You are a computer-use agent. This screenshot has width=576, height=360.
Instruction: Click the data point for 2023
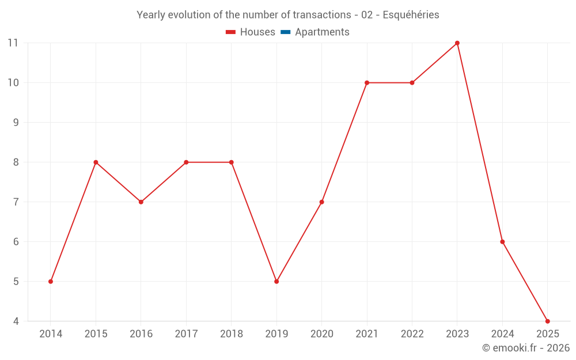pyautogui.click(x=457, y=43)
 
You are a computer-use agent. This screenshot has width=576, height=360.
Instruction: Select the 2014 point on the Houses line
pyautogui.click(x=51, y=282)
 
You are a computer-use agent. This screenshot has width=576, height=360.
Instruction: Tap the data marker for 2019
pyautogui.click(x=276, y=282)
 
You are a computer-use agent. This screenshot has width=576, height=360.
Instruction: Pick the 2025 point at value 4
pyautogui.click(x=548, y=321)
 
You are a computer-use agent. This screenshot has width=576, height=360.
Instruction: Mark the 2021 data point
pyautogui.click(x=367, y=83)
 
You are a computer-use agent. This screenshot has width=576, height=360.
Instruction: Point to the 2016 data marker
pyautogui.click(x=141, y=202)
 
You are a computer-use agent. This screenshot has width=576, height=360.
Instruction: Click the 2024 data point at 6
pyautogui.click(x=502, y=242)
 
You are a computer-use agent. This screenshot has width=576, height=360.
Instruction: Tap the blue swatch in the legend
pyautogui.click(x=286, y=32)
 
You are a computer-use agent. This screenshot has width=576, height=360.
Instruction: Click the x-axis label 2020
pyautogui.click(x=321, y=334)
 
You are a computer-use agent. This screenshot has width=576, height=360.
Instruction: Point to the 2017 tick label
pyautogui.click(x=186, y=334)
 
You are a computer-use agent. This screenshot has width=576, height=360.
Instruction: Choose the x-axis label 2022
pyautogui.click(x=412, y=334)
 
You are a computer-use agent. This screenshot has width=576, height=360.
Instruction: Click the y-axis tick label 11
pyautogui.click(x=13, y=43)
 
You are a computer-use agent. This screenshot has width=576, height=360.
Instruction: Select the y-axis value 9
pyautogui.click(x=16, y=123)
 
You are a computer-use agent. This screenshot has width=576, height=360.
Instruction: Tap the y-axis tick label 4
pyautogui.click(x=16, y=321)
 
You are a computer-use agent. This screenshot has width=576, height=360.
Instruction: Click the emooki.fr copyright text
pyautogui.click(x=526, y=348)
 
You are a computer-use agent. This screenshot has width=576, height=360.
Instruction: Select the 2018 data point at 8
pyautogui.click(x=232, y=162)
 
